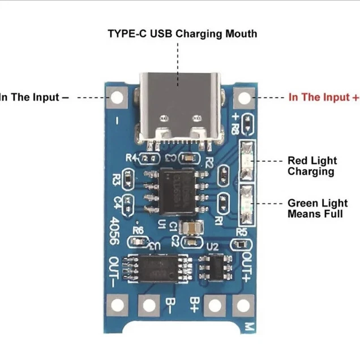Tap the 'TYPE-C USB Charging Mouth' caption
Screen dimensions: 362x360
tap(182, 33)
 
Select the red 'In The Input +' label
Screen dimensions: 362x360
tap(323, 97)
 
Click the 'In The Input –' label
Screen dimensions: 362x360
tap(34, 97)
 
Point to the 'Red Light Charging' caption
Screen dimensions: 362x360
tap(311, 166)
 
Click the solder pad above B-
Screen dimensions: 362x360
tap(149, 305)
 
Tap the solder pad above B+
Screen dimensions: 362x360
tap(215, 305)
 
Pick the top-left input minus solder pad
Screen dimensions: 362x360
tap(117, 98)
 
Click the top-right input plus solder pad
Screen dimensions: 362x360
tap(244, 98)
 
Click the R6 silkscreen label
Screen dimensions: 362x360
tap(138, 230)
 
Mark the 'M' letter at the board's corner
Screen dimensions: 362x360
tap(247, 327)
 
